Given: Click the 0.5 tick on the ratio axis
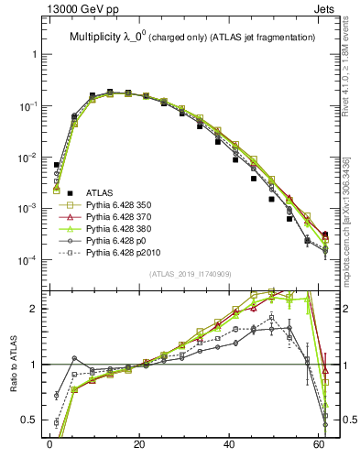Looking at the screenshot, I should (x=29, y=420).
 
